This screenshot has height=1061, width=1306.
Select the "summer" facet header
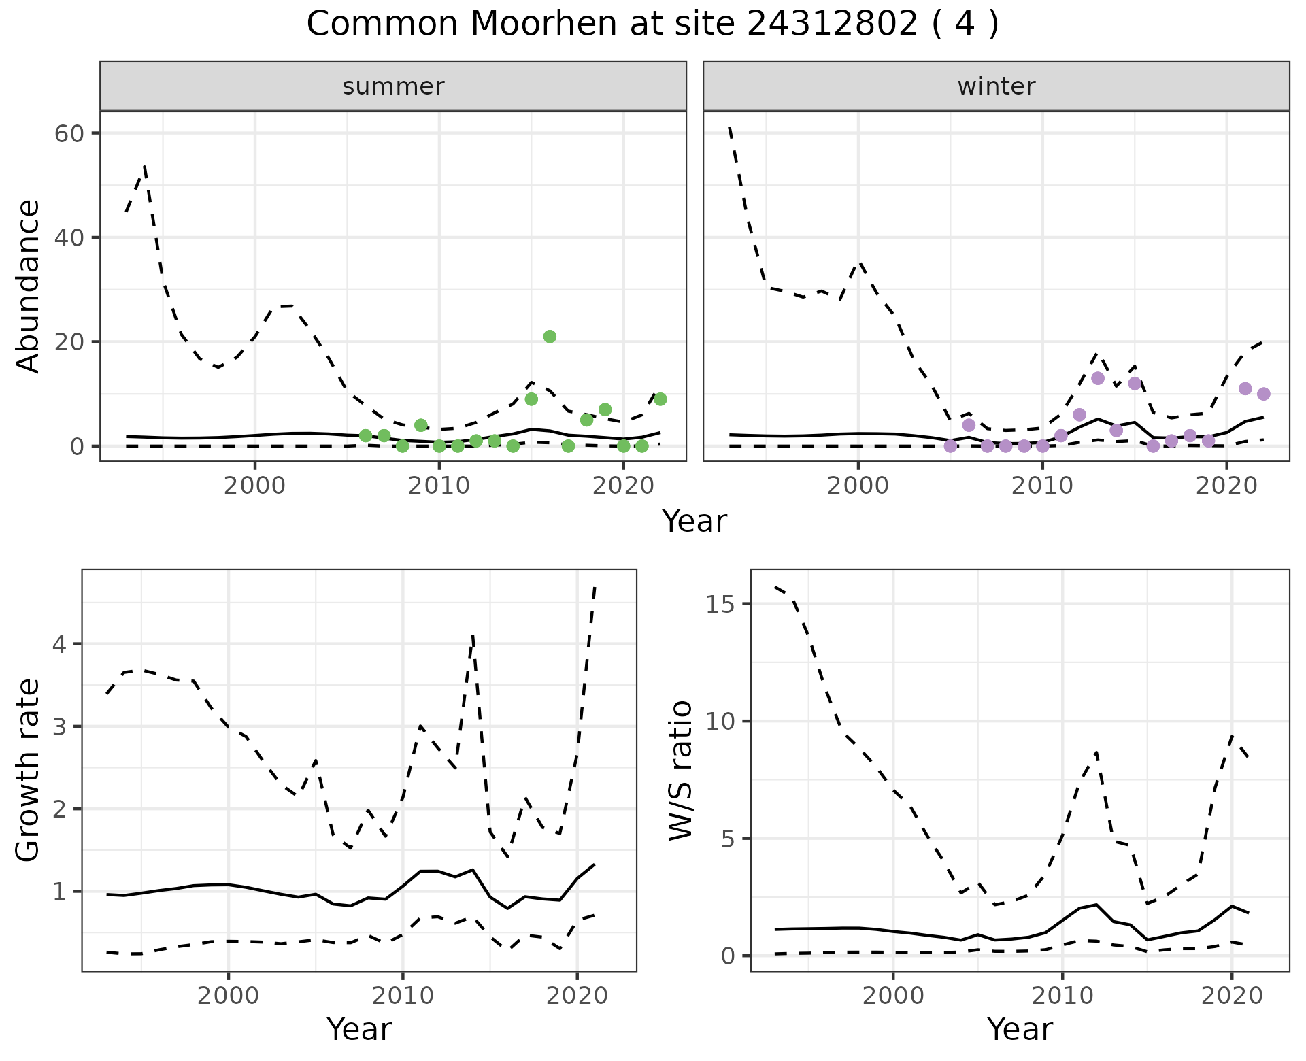click(x=393, y=86)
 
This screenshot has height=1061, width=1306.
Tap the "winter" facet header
click(x=996, y=86)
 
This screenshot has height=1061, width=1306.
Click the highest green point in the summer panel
click(x=550, y=337)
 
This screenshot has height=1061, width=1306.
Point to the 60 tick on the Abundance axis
click(x=69, y=133)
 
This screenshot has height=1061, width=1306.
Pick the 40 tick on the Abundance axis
click(x=69, y=237)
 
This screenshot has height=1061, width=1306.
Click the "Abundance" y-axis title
click(x=29, y=286)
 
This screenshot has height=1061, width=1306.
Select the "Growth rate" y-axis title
click(x=29, y=770)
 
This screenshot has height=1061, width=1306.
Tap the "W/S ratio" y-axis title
click(x=680, y=770)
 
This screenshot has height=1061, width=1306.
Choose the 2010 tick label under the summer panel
click(x=439, y=486)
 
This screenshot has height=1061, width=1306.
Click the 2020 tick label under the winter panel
click(x=1226, y=486)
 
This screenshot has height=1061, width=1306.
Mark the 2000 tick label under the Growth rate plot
click(x=228, y=996)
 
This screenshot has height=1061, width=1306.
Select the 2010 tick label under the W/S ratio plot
click(x=1062, y=996)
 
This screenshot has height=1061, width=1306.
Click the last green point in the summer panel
click(x=660, y=399)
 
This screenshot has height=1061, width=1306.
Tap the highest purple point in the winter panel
click(x=1097, y=378)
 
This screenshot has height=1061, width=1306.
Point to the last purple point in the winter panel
click(x=1263, y=394)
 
